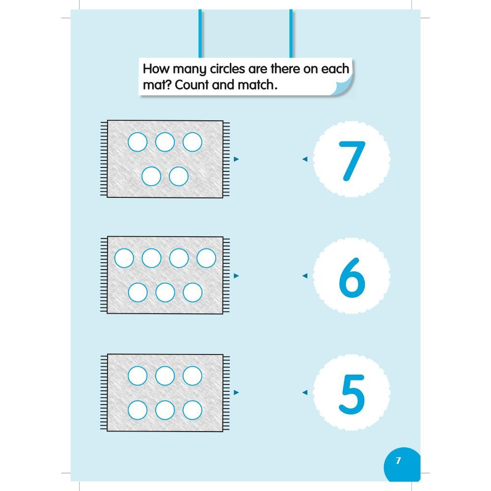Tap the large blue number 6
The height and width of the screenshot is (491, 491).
point(352,277)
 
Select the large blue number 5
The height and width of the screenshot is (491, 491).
point(352,394)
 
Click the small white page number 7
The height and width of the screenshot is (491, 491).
point(398,461)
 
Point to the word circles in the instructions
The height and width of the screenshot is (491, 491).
point(228,69)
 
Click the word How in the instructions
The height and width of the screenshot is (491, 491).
point(156,69)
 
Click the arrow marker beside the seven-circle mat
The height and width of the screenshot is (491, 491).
point(237,276)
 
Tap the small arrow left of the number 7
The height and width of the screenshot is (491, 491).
point(305,159)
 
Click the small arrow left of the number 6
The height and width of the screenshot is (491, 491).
point(305,276)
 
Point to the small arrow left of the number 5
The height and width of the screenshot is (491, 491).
point(305,392)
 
